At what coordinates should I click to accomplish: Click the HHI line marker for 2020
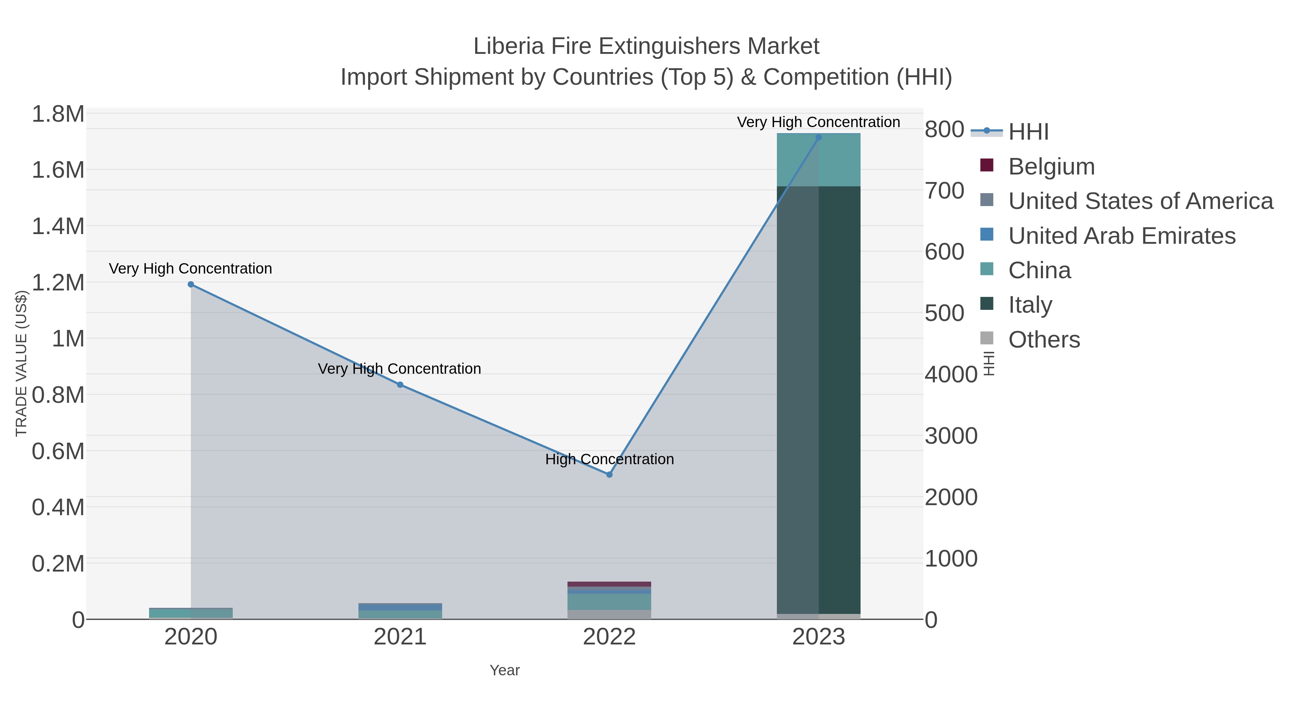tap(191, 284)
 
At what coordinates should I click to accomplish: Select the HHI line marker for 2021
tap(400, 385)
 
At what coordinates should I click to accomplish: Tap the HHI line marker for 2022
tap(610, 475)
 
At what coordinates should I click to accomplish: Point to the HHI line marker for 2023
tap(819, 138)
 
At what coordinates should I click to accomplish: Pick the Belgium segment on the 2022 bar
tap(610, 584)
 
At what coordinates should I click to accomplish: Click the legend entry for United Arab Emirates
tap(1121, 236)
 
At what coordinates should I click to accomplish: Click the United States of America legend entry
tap(1140, 201)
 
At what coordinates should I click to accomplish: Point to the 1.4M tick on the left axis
tap(58, 226)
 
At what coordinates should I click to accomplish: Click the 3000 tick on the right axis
tap(951, 436)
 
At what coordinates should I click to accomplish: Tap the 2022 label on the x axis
tap(610, 637)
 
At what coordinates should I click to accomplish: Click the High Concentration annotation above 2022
tap(610, 459)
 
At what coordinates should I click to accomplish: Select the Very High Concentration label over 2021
tap(399, 369)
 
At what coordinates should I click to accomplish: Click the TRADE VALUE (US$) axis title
tap(21, 363)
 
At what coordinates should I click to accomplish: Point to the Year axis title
tap(505, 670)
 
